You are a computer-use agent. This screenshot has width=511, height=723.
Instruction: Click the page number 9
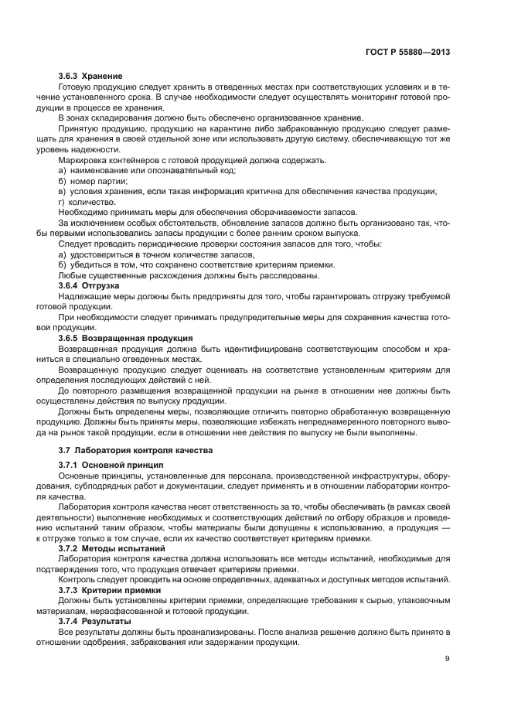tap(448, 659)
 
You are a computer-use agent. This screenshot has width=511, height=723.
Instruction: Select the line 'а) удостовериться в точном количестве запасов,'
tap(155, 254)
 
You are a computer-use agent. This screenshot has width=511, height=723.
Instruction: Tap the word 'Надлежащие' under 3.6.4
tap(84, 296)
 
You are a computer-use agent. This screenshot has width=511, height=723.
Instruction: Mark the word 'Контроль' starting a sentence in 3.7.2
tap(78, 579)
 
